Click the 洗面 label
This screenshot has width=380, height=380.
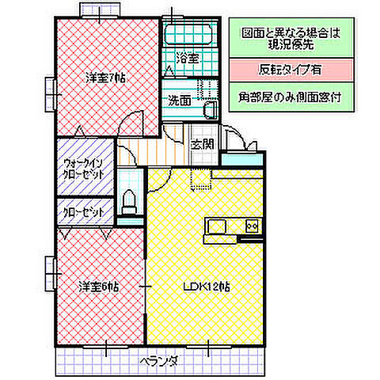tap(179, 101)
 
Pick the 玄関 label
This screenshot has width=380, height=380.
tap(203, 143)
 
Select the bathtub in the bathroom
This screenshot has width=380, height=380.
tap(188, 34)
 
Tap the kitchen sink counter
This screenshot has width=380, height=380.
tap(224, 226)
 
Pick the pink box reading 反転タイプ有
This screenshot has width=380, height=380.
tap(290, 69)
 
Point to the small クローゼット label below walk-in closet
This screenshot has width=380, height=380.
tap(82, 213)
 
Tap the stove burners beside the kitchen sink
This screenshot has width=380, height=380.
tap(253, 226)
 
